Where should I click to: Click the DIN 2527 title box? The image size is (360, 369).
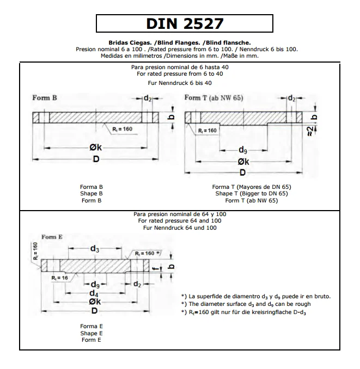[x=184, y=24]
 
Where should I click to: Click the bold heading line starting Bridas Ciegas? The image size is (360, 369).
[x=180, y=42]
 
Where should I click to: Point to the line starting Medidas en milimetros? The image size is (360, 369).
[x=180, y=55]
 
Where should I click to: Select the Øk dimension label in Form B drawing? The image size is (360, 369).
[x=96, y=147]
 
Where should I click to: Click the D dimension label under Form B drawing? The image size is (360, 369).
[x=96, y=159]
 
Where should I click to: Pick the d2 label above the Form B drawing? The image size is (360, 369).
[x=147, y=99]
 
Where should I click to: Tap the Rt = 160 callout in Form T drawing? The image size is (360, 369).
[x=208, y=131]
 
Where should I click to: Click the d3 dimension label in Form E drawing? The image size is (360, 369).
[x=94, y=249]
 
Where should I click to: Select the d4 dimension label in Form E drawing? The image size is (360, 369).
[x=94, y=293]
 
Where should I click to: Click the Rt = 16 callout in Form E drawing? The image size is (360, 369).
[x=59, y=278]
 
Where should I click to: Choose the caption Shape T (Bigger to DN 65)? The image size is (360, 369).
[x=251, y=193]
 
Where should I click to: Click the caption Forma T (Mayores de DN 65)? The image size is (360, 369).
[x=251, y=187]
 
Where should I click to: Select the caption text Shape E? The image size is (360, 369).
[x=91, y=333]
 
